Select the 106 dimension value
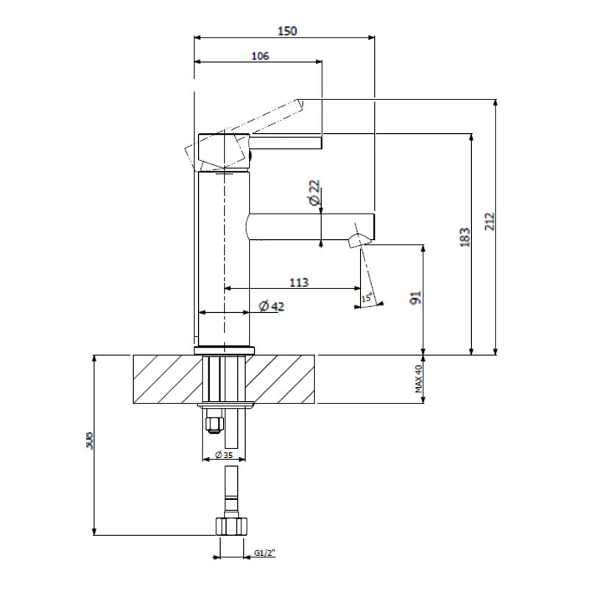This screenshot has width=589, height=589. [260, 56]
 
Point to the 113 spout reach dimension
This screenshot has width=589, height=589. [299, 282]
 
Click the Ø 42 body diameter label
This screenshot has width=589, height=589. [272, 306]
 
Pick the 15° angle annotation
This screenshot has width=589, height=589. [367, 298]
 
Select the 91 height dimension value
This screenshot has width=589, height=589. [415, 299]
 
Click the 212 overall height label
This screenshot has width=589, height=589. [490, 222]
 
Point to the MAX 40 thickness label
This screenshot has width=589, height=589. [417, 379]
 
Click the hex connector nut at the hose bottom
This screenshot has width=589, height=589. [229, 527]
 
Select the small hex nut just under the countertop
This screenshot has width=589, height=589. [214, 423]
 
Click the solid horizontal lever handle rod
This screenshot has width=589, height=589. [287, 141]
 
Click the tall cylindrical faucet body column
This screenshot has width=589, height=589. [225, 258]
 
